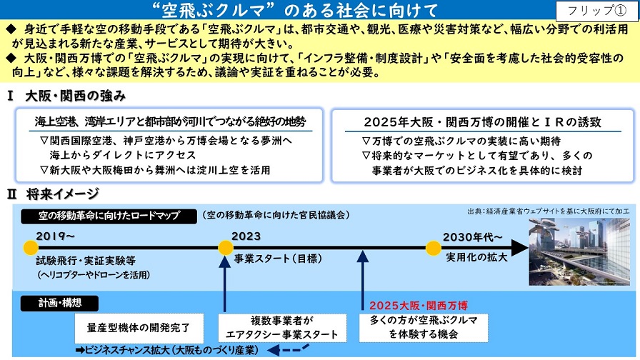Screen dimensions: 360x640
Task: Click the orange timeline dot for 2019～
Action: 30,248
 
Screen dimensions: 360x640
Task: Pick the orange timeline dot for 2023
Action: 226,248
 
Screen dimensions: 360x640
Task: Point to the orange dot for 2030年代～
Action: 433,248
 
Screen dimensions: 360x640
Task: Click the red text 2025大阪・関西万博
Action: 413,304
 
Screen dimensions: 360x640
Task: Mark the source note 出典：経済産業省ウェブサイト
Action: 549,211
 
